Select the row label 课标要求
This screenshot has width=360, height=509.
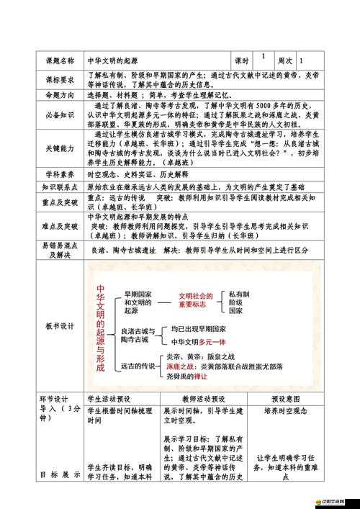tap(60, 79)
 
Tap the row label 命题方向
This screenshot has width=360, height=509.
tap(60, 95)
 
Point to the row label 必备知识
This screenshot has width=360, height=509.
tap(60, 114)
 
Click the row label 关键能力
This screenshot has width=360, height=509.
tap(60, 148)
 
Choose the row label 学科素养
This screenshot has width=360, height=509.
tap(60, 174)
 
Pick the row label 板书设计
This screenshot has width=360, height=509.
tap(60, 326)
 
